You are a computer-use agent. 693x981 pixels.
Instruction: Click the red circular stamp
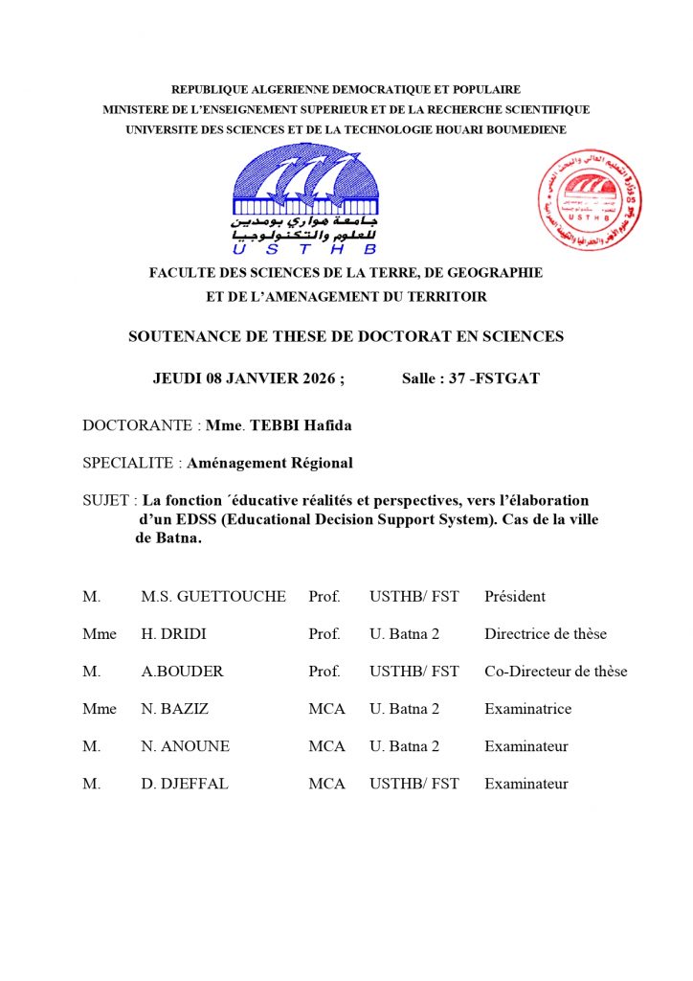pyautogui.click(x=589, y=200)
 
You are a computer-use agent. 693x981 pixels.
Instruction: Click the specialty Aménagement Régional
pyautogui.click(x=270, y=463)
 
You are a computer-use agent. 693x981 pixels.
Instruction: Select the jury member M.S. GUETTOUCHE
pyautogui.click(x=212, y=597)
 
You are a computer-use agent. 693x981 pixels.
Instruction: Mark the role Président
pyautogui.click(x=515, y=597)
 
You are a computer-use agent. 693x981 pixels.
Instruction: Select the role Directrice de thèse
pyautogui.click(x=546, y=634)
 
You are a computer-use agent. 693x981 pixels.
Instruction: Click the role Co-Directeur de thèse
pyautogui.click(x=556, y=672)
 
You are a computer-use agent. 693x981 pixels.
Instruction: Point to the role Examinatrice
pyautogui.click(x=527, y=709)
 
